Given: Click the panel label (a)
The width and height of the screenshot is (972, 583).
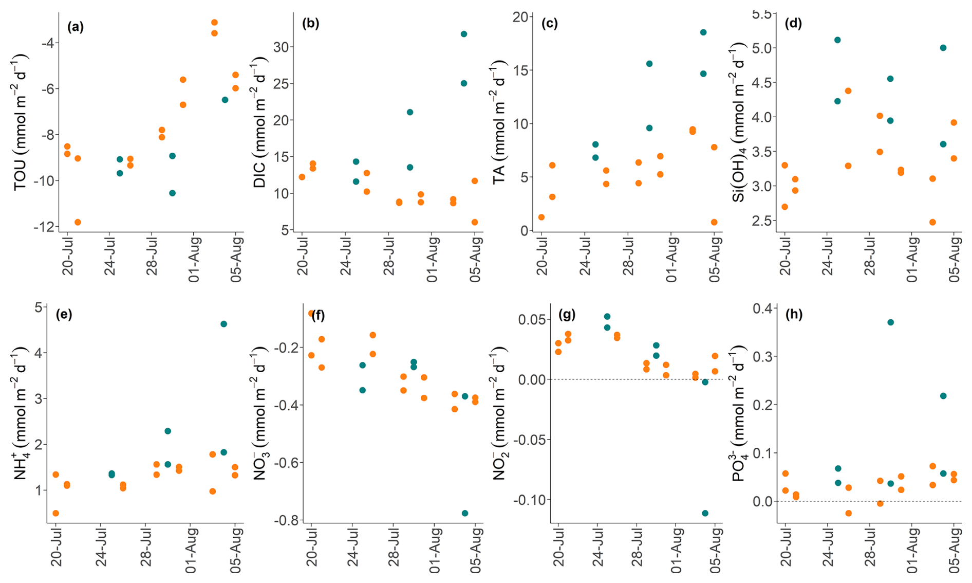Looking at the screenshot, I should click(x=75, y=27).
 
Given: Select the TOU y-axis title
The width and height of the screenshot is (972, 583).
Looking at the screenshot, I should click(x=21, y=123).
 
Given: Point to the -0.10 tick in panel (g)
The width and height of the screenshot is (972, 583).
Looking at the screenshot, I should click(x=529, y=500).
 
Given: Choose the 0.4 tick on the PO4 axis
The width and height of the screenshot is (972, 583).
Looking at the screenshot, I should click(x=762, y=308).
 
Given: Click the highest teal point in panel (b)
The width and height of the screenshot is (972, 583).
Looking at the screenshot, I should click(x=464, y=34).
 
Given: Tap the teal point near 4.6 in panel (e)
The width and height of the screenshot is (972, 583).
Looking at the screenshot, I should click(x=223, y=324).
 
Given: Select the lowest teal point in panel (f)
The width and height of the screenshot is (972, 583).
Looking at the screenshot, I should click(x=465, y=513).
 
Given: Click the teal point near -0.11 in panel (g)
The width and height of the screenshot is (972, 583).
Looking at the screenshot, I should click(x=705, y=513).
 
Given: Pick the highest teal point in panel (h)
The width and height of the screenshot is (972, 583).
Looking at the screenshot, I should click(x=890, y=322).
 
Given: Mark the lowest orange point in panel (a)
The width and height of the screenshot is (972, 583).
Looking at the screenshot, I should click(x=78, y=222).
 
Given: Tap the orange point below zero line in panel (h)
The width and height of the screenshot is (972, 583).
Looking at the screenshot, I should click(x=848, y=513).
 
